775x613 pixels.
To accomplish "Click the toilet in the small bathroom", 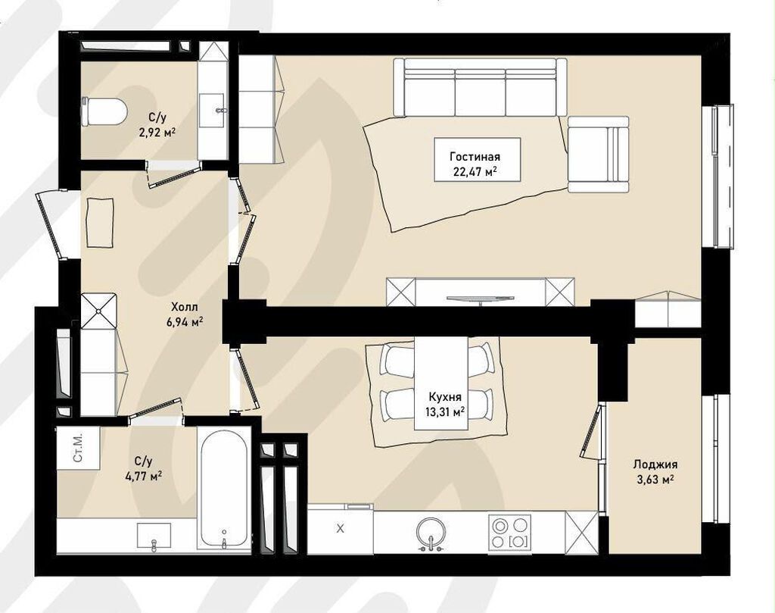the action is point(104,112).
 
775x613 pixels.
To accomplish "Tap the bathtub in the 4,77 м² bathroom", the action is point(224,488).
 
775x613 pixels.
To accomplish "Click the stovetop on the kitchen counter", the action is point(509,533).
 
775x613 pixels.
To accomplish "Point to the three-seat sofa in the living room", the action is point(481,87).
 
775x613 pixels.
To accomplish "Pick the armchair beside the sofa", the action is point(598,154).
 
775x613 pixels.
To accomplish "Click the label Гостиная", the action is point(475,157).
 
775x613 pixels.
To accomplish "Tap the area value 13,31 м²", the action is point(445,411).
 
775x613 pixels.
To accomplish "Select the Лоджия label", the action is point(655,464).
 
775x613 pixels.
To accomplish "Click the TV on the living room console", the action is point(479,299).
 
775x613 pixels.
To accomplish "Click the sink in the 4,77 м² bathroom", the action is point(154,536).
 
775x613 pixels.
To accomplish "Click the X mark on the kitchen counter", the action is point(340,529).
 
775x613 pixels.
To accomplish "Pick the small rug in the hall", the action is point(101,222).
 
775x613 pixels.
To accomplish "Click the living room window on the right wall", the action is point(721,176).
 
